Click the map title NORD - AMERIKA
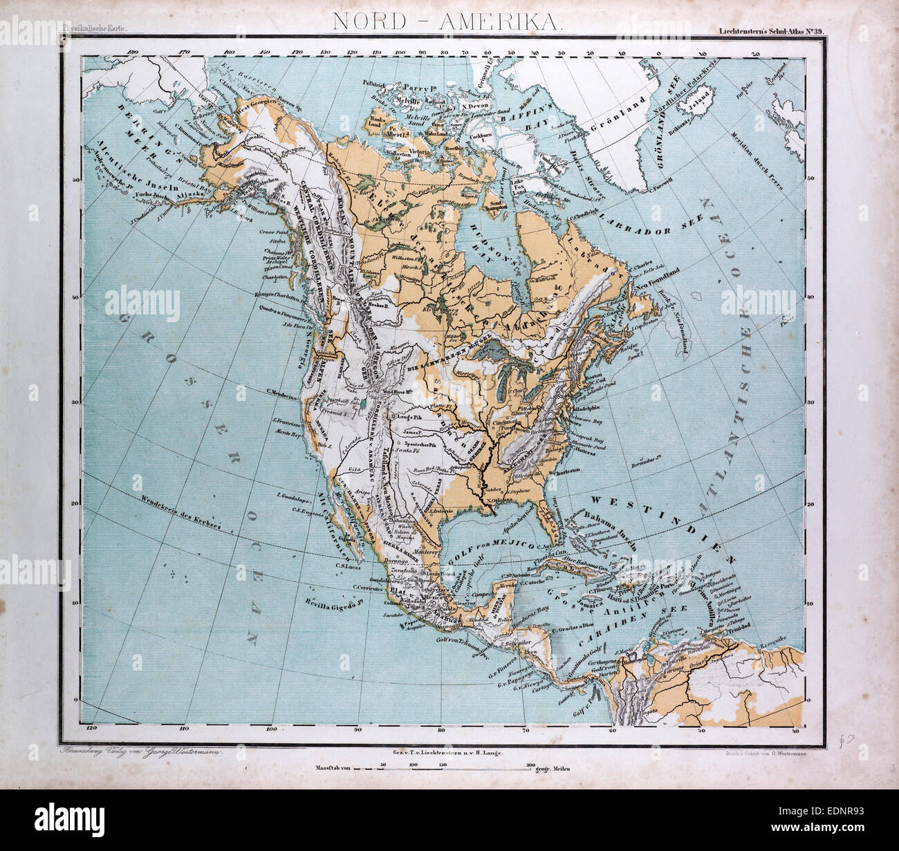click(x=448, y=21)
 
